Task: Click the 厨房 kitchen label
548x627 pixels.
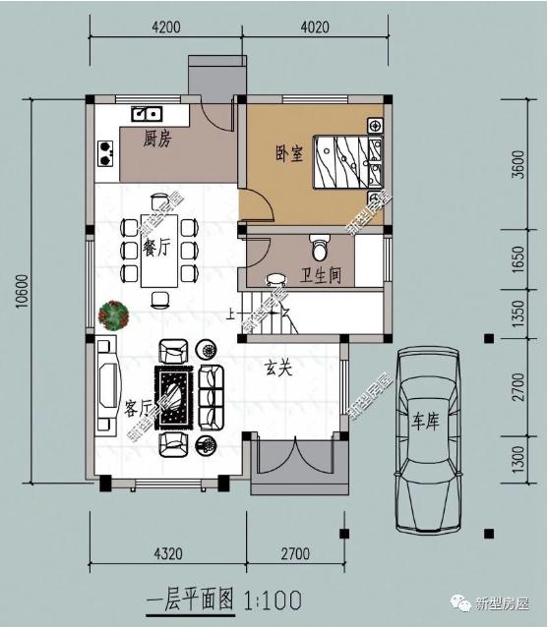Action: point(157,139)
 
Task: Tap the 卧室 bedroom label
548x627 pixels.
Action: point(289,153)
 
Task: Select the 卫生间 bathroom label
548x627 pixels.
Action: point(321,275)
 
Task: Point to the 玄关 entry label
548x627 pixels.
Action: point(278,369)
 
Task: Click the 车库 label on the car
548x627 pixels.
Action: point(426,421)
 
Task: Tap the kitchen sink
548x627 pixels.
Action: point(147,114)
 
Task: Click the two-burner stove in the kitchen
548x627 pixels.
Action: point(105,153)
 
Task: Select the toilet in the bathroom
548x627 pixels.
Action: point(320,248)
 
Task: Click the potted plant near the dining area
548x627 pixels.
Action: point(114,315)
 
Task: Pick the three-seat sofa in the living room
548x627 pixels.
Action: point(211,397)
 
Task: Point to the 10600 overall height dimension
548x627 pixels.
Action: point(23,291)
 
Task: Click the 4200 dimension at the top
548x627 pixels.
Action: point(165,27)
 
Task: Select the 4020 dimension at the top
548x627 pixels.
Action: point(315,27)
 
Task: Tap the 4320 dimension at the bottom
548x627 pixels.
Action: point(168,553)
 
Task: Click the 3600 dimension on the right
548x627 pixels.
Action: point(518,164)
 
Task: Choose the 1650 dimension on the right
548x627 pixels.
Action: point(518,259)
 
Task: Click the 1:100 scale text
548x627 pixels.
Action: point(273,600)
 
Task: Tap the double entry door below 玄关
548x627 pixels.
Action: point(295,456)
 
